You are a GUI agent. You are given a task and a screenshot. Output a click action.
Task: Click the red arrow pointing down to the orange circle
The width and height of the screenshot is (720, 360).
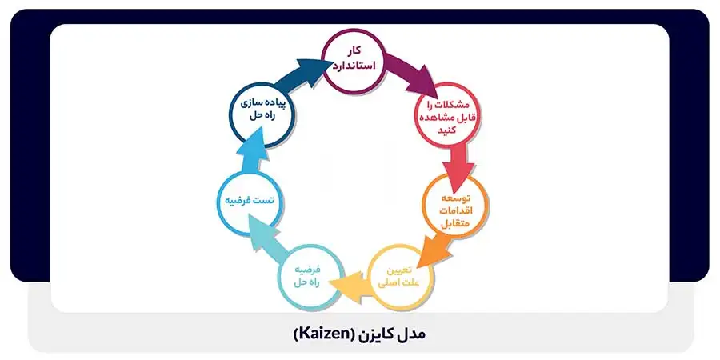click(458, 163)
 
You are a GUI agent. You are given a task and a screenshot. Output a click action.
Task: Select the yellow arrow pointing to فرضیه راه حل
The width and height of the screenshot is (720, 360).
click(352, 285)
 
